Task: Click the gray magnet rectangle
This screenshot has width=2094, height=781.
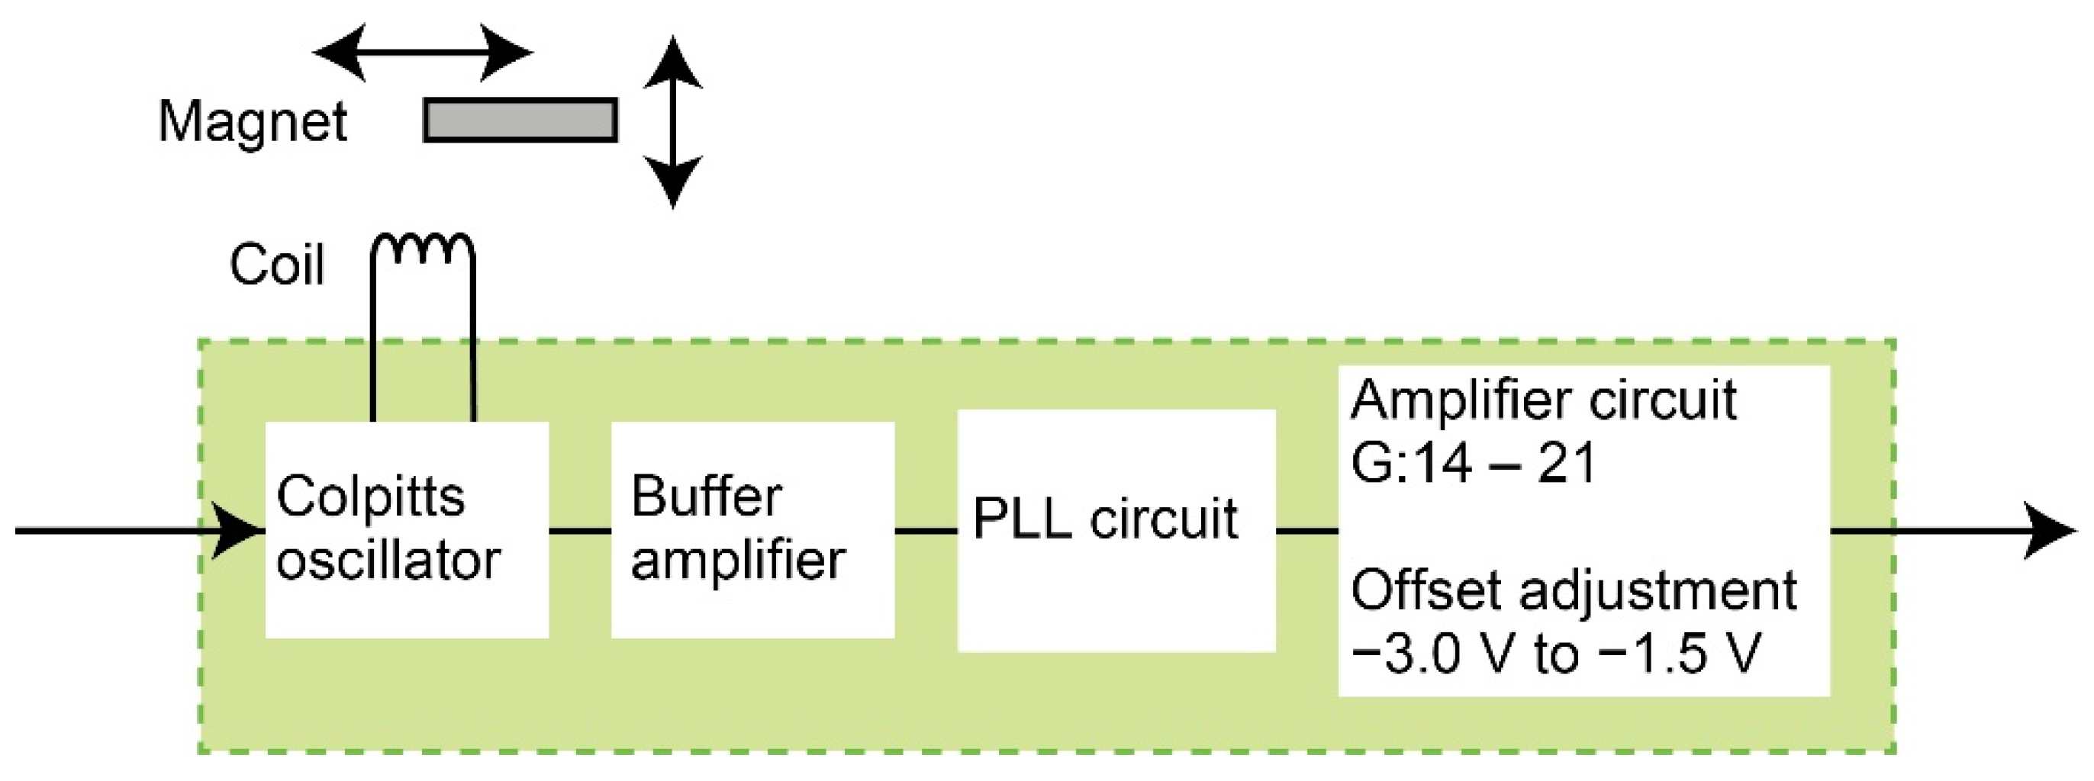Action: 520,121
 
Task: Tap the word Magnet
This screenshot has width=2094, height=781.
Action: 253,122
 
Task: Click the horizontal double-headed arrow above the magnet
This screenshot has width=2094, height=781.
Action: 423,53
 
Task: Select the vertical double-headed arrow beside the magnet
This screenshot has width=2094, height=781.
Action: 672,122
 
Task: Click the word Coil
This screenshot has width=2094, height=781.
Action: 277,265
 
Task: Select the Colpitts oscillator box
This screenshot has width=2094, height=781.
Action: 407,602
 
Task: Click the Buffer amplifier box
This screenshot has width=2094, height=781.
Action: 752,602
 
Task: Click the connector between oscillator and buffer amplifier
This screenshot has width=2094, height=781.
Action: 580,531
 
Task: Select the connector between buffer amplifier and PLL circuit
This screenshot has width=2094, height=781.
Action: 926,531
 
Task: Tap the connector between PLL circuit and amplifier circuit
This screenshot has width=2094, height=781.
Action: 1306,531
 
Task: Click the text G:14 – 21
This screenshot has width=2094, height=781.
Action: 1473,463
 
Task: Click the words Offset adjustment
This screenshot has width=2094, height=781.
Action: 1573,590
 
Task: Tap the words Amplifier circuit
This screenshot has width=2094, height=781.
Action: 1543,400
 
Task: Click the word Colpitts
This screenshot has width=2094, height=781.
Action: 370,497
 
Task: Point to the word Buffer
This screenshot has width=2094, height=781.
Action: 706,497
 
